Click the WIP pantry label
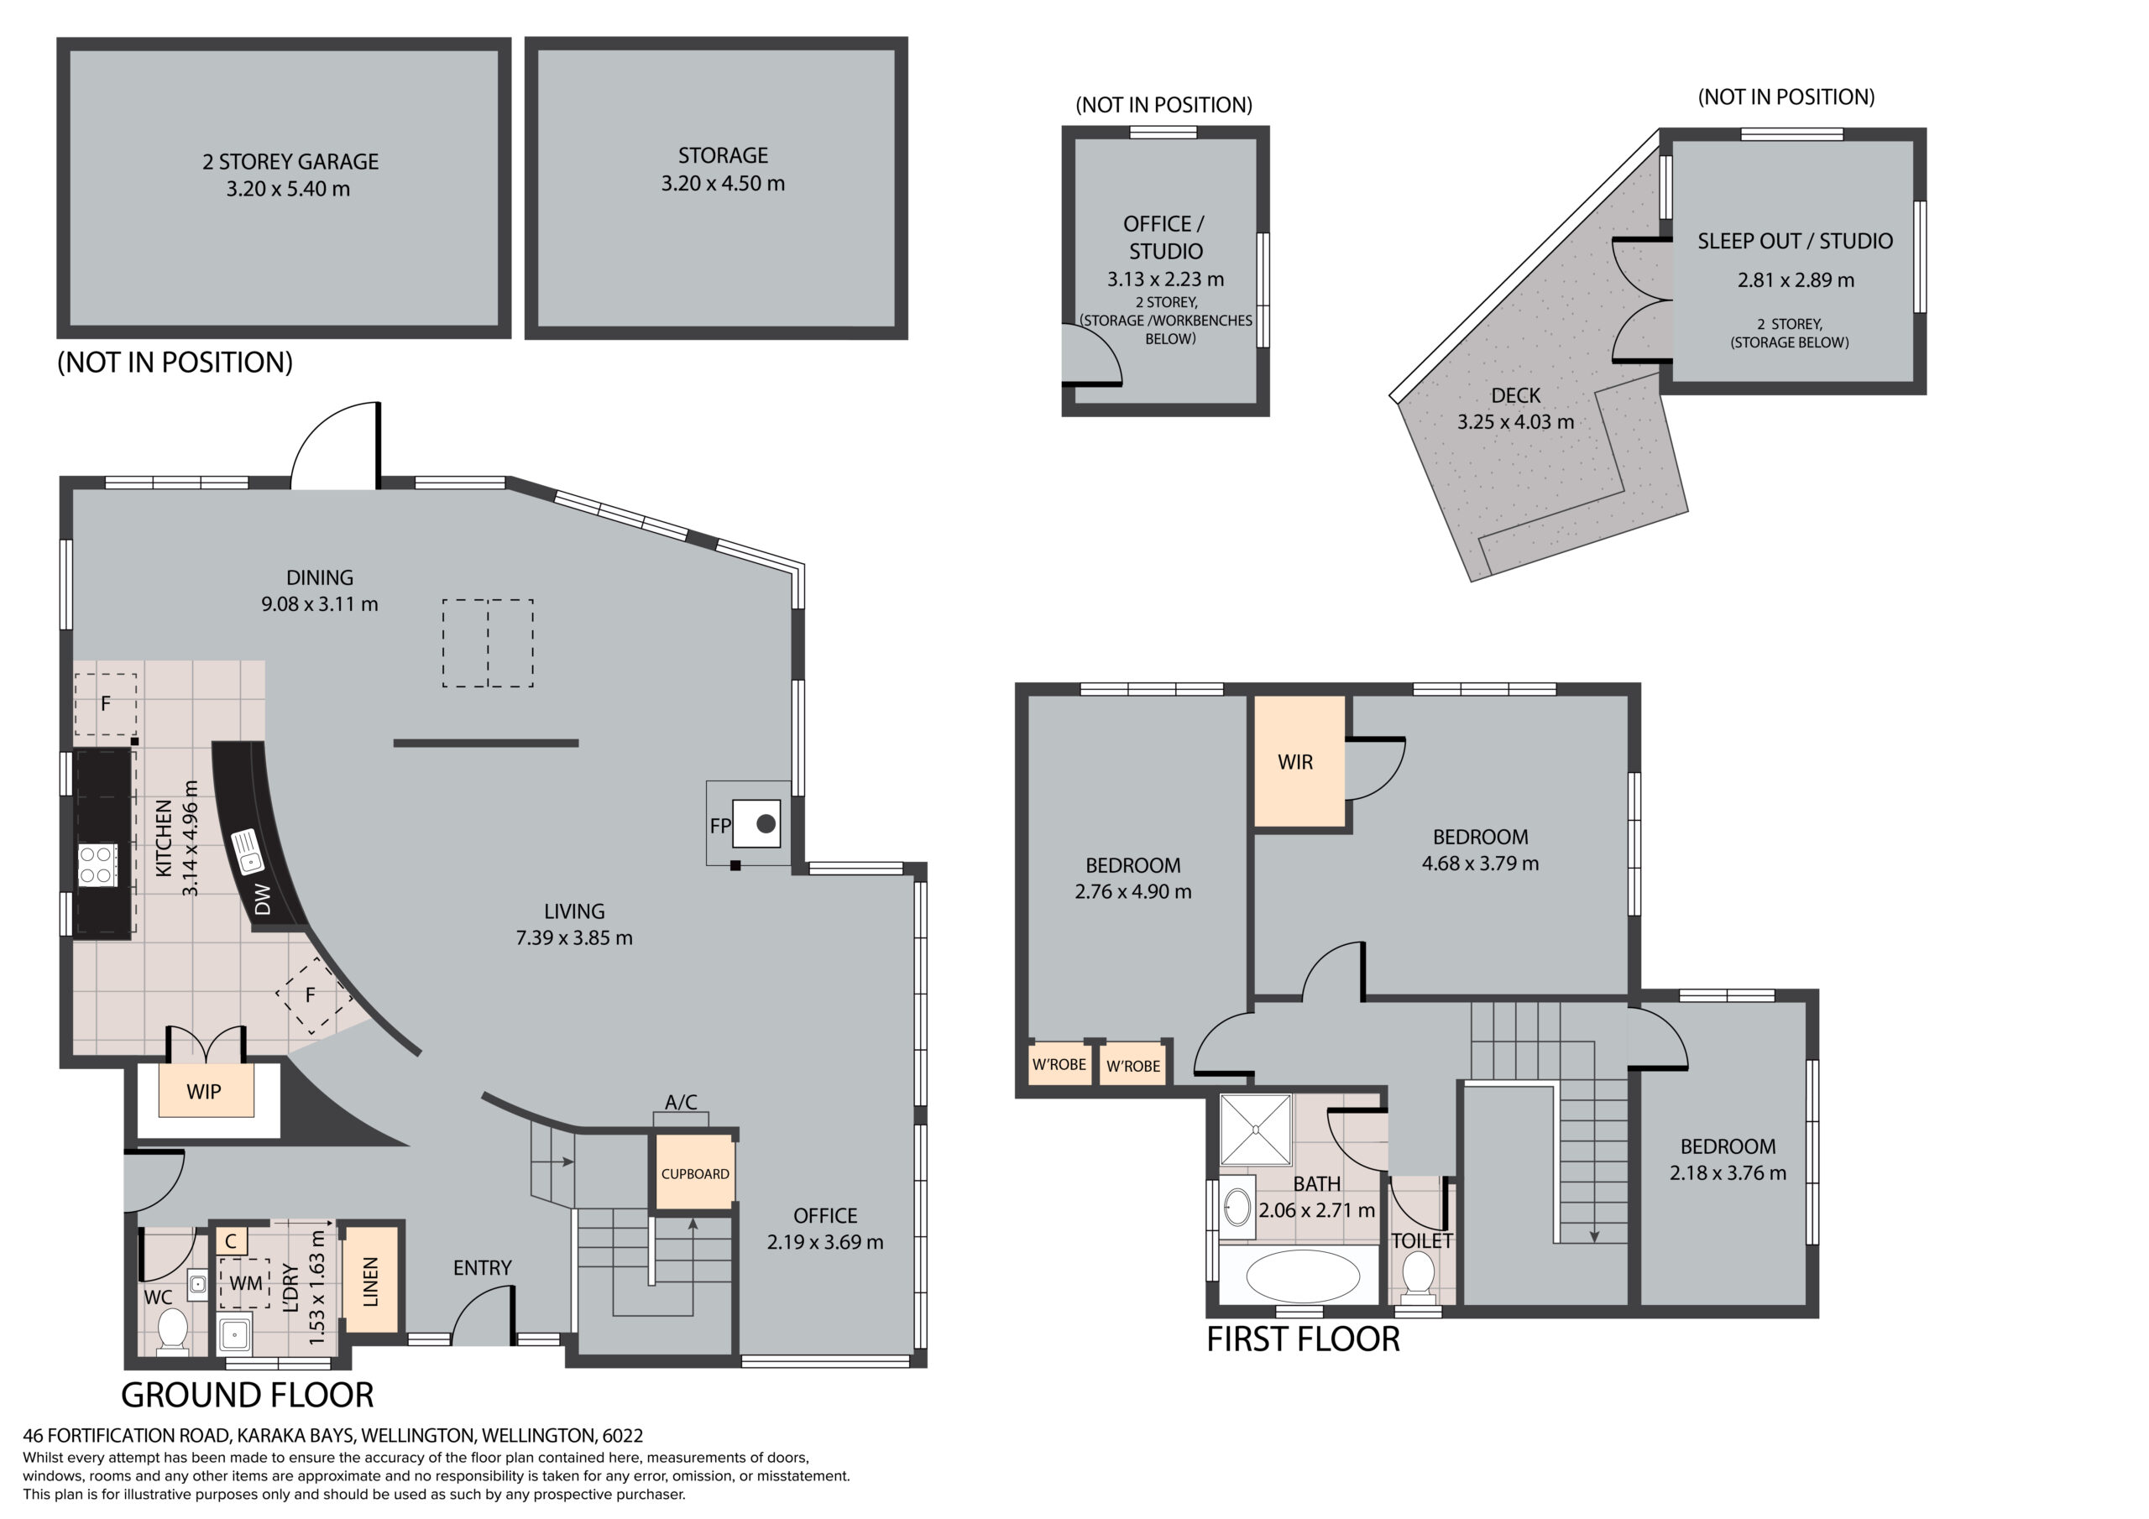coord(204,1092)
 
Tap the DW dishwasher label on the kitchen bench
coord(263,900)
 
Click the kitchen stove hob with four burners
coord(97,864)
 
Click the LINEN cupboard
coord(371,1281)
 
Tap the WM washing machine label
coord(246,1282)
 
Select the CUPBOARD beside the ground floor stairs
coord(694,1173)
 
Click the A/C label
coord(681,1102)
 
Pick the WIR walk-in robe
coord(1299,762)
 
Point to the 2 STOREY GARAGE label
coord(290,162)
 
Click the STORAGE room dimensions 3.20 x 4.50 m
coord(723,184)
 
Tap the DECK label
coord(1515,396)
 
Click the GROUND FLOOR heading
coord(247,1396)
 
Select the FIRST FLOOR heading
coord(1303,1339)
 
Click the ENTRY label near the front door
coord(482,1268)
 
